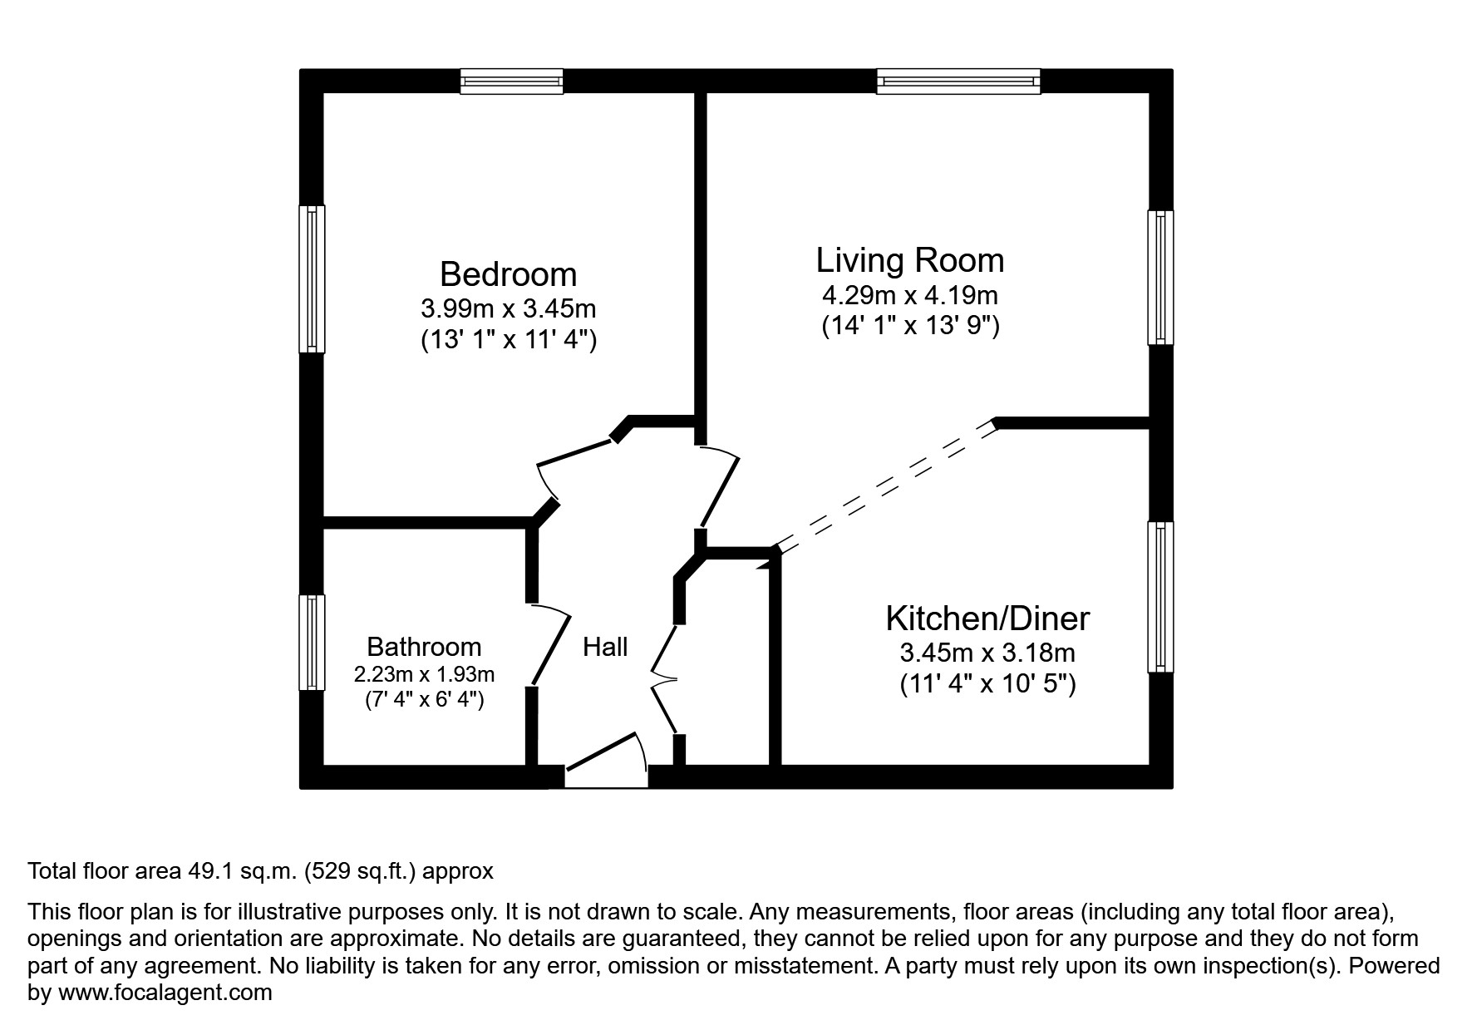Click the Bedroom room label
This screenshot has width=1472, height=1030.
click(508, 274)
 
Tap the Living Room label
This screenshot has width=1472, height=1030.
click(909, 260)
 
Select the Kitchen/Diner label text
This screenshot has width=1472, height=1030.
click(987, 618)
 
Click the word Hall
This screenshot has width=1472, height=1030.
click(604, 647)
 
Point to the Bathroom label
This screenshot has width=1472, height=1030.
click(424, 647)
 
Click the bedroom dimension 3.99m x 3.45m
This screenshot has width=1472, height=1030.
click(508, 309)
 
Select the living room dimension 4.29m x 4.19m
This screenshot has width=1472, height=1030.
click(909, 295)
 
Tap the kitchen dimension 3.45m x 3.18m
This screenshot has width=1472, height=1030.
click(987, 653)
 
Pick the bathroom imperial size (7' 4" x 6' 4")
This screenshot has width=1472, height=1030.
click(424, 700)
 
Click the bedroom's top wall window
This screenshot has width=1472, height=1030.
click(512, 81)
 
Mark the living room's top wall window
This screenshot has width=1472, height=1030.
click(958, 81)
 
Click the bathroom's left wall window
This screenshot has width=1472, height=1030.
click(312, 642)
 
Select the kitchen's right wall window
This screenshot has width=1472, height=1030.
click(1161, 596)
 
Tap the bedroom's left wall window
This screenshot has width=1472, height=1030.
click(312, 278)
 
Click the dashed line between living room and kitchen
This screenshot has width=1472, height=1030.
click(885, 486)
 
